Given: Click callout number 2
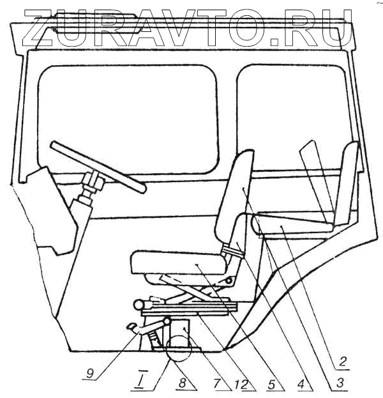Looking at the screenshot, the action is [343, 362].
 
